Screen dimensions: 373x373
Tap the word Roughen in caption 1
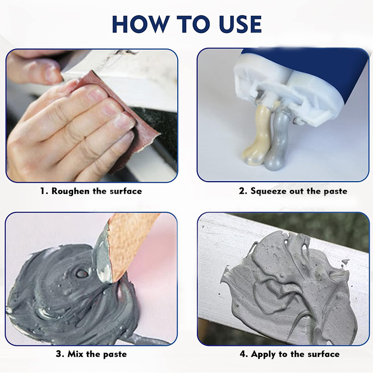(72, 191)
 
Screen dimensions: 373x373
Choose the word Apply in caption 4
(264, 354)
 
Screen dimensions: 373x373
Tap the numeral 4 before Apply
(243, 354)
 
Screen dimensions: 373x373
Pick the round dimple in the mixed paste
(82, 273)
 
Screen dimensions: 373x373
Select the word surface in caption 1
(126, 191)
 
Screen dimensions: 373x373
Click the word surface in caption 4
(324, 354)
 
